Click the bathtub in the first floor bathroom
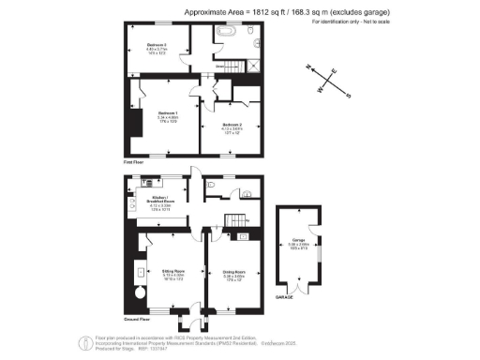(x=226, y=32)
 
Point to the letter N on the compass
(x=308, y=67)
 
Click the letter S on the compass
(x=349, y=94)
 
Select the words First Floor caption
(x=133, y=161)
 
